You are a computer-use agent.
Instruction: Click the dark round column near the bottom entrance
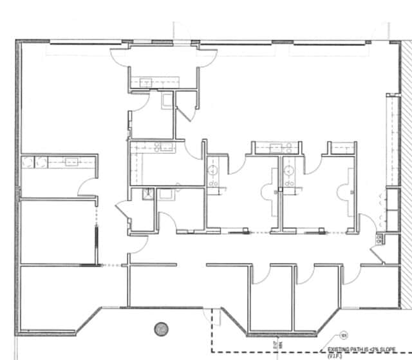[x=161, y=329]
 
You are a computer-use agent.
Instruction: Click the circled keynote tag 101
[x=344, y=335]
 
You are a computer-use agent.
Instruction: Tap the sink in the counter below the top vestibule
[x=146, y=82]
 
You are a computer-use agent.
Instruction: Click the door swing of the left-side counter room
[x=86, y=187]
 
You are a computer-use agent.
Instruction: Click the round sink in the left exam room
[x=213, y=171]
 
